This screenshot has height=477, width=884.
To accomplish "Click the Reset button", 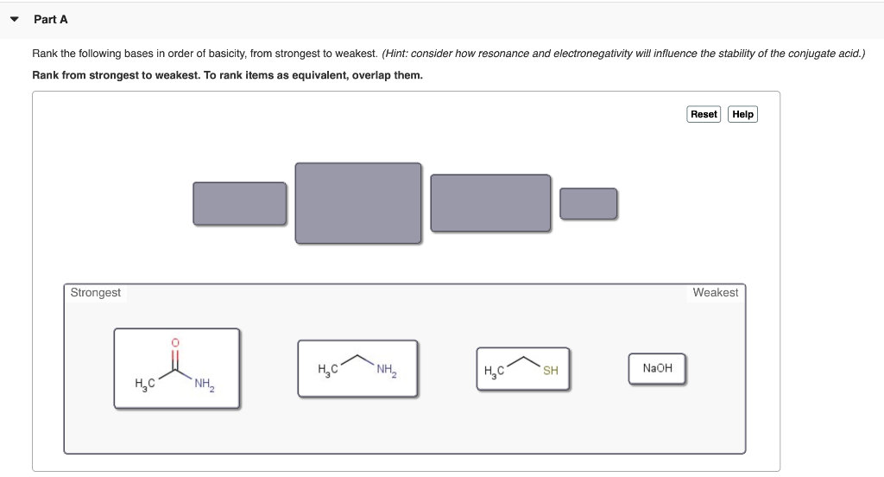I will tap(704, 114).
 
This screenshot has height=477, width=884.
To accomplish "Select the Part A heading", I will tap(51, 19).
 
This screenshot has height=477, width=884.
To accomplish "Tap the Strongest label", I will tap(96, 293).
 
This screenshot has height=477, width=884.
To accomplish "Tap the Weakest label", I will tap(715, 293).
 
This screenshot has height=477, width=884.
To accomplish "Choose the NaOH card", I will tap(657, 368).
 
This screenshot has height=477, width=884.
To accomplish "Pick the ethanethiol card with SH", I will tap(522, 369).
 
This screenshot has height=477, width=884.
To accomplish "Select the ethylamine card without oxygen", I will tap(357, 368).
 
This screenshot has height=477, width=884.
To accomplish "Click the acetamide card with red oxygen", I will tap(176, 367).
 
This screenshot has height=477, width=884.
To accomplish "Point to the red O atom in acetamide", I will tap(175, 343).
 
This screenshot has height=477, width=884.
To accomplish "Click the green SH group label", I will tap(550, 371).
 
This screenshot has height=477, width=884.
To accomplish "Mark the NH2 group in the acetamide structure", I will tap(205, 385).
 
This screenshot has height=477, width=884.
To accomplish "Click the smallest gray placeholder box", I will tap(588, 204).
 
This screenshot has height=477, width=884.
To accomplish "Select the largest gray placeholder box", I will tap(358, 202).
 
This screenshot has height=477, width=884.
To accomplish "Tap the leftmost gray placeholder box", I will tap(239, 203).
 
